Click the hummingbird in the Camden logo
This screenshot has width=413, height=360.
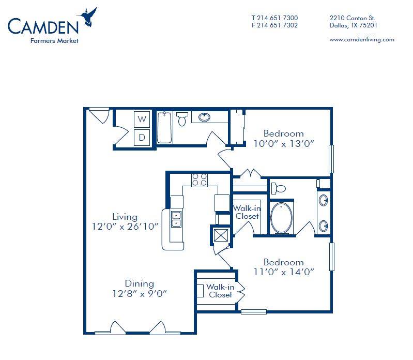pyautogui.click(x=89, y=17)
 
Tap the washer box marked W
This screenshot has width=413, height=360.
pyautogui.click(x=142, y=119)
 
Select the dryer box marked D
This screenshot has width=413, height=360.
pyautogui.click(x=142, y=137)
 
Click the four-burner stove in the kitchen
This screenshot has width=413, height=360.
pyautogui.click(x=200, y=180)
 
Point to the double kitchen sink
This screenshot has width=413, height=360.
pyautogui.click(x=176, y=219)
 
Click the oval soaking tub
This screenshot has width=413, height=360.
pyautogui.click(x=281, y=218)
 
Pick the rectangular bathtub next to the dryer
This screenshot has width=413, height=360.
pyautogui.click(x=164, y=128)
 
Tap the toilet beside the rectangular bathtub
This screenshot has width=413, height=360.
pyautogui.click(x=182, y=119)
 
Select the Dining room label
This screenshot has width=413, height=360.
pyautogui.click(x=140, y=283)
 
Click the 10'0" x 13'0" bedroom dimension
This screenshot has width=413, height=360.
pyautogui.click(x=284, y=144)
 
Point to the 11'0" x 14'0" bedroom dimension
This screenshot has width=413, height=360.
pyautogui.click(x=284, y=272)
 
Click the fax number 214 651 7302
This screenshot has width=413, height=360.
pyautogui.click(x=278, y=25)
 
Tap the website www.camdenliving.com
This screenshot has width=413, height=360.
pyautogui.click(x=362, y=39)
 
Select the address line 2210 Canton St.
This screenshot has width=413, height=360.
pyautogui.click(x=353, y=18)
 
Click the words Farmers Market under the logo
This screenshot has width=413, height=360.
pyautogui.click(x=54, y=41)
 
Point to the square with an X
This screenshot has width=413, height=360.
pyautogui.click(x=221, y=235)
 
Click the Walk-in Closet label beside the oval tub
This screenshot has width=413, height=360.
pyautogui.click(x=247, y=213)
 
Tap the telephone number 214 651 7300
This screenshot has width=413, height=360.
pyautogui.click(x=278, y=18)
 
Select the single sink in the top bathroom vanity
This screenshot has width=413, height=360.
pyautogui.click(x=204, y=117)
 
